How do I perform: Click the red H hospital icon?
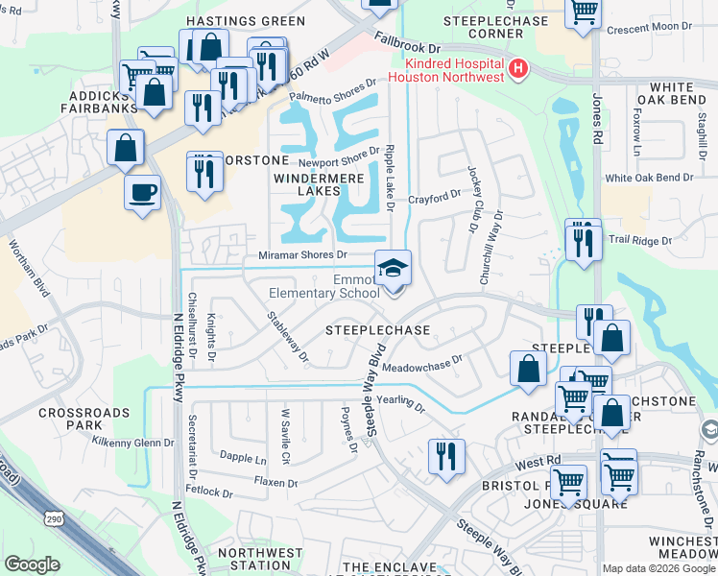click(x=518, y=68)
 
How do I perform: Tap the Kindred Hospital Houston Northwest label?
click(x=446, y=69)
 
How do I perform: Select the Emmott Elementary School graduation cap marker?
click(x=393, y=270)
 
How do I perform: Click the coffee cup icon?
click(x=142, y=192)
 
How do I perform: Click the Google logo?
click(x=33, y=564)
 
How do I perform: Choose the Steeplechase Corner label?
click(x=495, y=27)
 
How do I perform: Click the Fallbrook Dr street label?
click(x=408, y=45)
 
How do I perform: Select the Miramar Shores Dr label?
click(x=302, y=254)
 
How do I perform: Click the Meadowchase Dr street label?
click(x=422, y=366)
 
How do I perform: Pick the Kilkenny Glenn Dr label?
click(x=132, y=443)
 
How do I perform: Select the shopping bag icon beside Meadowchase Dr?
click(x=528, y=369)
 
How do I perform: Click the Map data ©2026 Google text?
click(x=658, y=568)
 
